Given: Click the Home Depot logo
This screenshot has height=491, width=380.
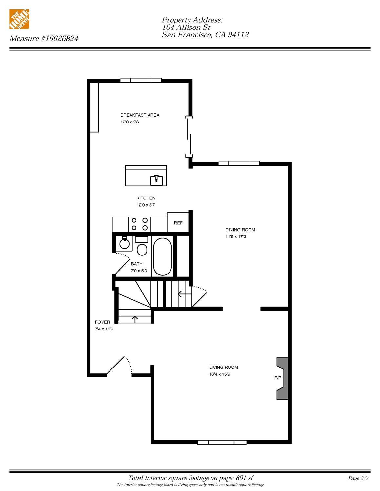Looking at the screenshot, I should [x=19, y=19].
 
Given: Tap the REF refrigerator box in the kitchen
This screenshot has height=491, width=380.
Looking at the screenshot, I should [x=178, y=223].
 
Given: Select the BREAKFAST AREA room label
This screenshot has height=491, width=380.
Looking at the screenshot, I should [x=140, y=115].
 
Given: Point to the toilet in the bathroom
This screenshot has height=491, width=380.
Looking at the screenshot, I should [x=142, y=247].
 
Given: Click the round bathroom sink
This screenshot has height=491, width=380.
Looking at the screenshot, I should [x=124, y=243].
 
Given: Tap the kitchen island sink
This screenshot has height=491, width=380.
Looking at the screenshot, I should [x=157, y=180].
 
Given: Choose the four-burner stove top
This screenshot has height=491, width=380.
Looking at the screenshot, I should [x=139, y=224].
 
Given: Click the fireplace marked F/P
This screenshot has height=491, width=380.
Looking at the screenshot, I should [x=282, y=378].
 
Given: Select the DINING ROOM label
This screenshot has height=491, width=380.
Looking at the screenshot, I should [x=240, y=230].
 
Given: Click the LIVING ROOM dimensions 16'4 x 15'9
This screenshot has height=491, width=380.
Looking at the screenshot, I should [x=220, y=374].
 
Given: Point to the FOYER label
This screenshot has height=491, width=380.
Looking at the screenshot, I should [x=102, y=322].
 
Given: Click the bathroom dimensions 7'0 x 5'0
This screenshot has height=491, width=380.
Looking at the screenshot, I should [x=139, y=271].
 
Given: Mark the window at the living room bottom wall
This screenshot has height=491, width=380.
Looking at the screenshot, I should [x=222, y=442].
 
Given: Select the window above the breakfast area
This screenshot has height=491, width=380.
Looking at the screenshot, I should [x=141, y=80].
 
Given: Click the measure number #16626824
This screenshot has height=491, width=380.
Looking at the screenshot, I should [x=59, y=38].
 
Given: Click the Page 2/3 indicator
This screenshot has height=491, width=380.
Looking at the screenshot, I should [x=358, y=478].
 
